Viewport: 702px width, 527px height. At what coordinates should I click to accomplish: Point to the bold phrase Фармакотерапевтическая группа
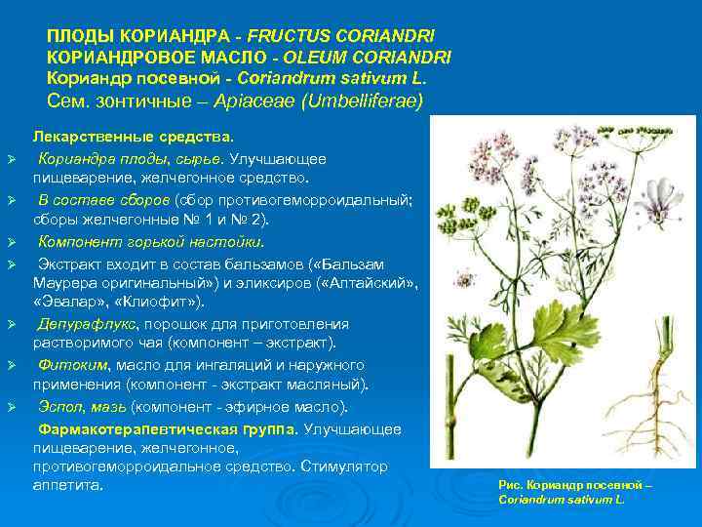click(168, 428)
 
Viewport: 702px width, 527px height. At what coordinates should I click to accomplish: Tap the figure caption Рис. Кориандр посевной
click(573, 485)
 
